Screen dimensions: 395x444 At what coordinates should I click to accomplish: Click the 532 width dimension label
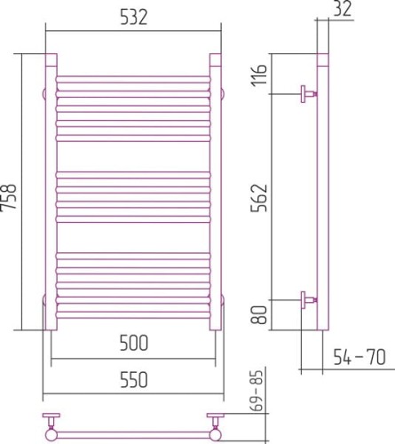(133, 18)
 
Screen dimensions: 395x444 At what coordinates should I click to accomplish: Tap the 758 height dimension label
(9, 197)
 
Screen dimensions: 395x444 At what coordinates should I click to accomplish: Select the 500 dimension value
(133, 343)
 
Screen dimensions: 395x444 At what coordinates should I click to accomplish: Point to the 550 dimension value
(133, 380)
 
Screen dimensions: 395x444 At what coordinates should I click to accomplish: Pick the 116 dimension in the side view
(259, 75)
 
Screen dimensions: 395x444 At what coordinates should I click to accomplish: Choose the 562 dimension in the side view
(259, 198)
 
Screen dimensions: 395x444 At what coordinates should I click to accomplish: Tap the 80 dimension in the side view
(259, 314)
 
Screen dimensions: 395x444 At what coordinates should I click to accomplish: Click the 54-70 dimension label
(359, 357)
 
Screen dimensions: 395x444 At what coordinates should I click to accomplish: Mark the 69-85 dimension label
(258, 391)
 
